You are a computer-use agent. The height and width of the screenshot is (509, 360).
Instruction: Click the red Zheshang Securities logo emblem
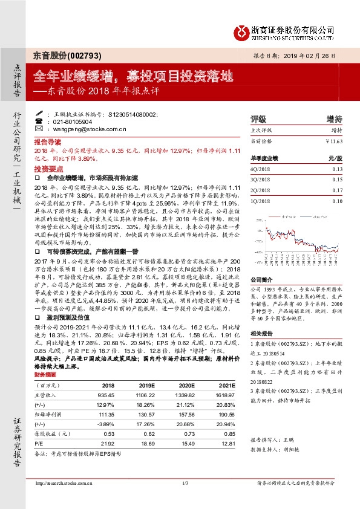click(x=241, y=31)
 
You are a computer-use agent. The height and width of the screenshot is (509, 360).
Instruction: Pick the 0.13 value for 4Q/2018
click(x=337, y=170)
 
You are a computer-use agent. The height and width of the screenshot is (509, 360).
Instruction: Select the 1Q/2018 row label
click(x=260, y=200)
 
